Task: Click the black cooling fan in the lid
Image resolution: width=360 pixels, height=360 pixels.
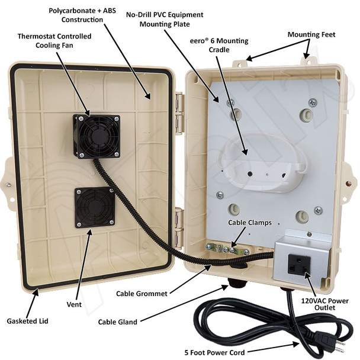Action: (97, 136)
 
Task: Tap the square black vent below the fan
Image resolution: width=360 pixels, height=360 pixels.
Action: (95, 207)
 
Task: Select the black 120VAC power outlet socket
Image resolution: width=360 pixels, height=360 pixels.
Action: (299, 265)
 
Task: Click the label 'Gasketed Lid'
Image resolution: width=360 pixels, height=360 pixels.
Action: (28, 321)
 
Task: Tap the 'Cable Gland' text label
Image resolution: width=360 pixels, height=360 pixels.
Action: (118, 322)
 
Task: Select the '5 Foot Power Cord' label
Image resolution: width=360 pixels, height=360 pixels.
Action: (215, 352)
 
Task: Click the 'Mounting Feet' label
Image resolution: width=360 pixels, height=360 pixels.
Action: (311, 35)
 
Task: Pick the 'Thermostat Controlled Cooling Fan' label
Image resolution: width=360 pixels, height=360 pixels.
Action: (54, 41)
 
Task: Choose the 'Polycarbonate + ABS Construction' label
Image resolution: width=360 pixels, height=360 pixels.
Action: (82, 15)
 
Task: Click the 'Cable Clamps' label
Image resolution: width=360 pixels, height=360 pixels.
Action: (250, 223)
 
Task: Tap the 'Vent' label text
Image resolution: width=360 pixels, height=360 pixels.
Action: (74, 304)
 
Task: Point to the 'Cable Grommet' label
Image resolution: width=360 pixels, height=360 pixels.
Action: (142, 294)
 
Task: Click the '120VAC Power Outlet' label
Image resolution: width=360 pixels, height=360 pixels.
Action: (324, 304)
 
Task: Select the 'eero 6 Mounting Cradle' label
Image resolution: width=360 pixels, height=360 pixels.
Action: (219, 45)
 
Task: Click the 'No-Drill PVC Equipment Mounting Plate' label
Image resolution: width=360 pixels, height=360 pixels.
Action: (165, 20)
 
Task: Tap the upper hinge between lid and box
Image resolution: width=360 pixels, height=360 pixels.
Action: (180, 113)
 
